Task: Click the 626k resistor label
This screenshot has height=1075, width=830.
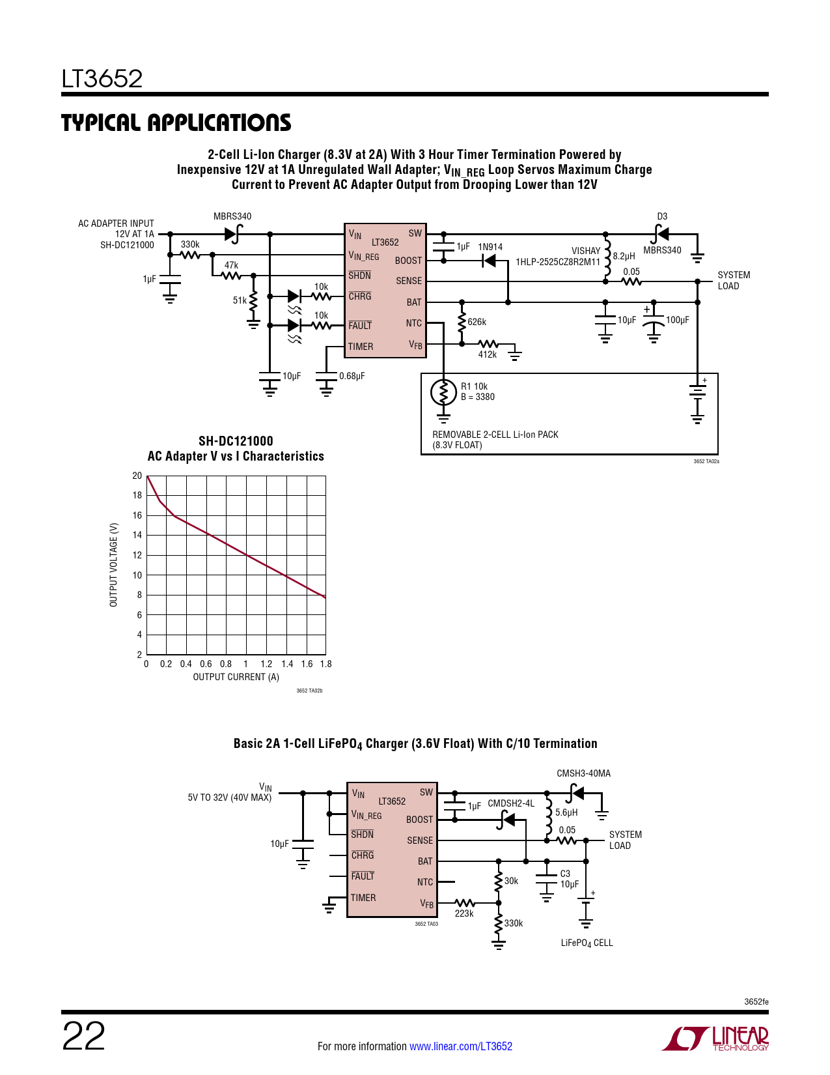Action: pyautogui.click(x=477, y=322)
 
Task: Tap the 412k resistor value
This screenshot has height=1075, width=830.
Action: pyautogui.click(x=487, y=354)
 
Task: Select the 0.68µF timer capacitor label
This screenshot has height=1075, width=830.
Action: pyautogui.click(x=352, y=376)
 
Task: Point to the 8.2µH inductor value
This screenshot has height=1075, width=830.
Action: pyautogui.click(x=624, y=256)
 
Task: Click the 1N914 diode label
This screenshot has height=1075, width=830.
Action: pyautogui.click(x=490, y=247)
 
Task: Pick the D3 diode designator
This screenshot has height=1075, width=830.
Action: pyautogui.click(x=662, y=216)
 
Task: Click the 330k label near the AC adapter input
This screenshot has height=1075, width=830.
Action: pyautogui.click(x=190, y=244)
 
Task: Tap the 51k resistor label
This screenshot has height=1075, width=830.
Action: pyautogui.click(x=240, y=300)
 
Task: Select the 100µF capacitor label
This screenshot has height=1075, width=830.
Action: pyautogui.click(x=677, y=320)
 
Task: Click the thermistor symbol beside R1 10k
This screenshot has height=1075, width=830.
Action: pyautogui.click(x=443, y=392)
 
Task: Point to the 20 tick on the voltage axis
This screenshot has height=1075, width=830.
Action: pyautogui.click(x=137, y=476)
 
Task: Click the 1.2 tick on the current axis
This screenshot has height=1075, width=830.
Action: pyautogui.click(x=266, y=664)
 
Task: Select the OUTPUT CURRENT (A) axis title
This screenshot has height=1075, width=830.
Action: pyautogui.click(x=236, y=677)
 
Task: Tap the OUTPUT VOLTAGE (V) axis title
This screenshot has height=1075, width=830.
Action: pyautogui.click(x=114, y=564)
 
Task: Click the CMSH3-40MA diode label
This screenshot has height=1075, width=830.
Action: pyautogui.click(x=583, y=773)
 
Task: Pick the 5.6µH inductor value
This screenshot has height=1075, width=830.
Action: pyautogui.click(x=566, y=812)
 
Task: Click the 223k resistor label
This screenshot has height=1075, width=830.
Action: pyautogui.click(x=464, y=913)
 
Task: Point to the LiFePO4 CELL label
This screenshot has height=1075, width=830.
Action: pyautogui.click(x=587, y=943)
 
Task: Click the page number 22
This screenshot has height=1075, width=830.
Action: pyautogui.click(x=83, y=1037)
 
